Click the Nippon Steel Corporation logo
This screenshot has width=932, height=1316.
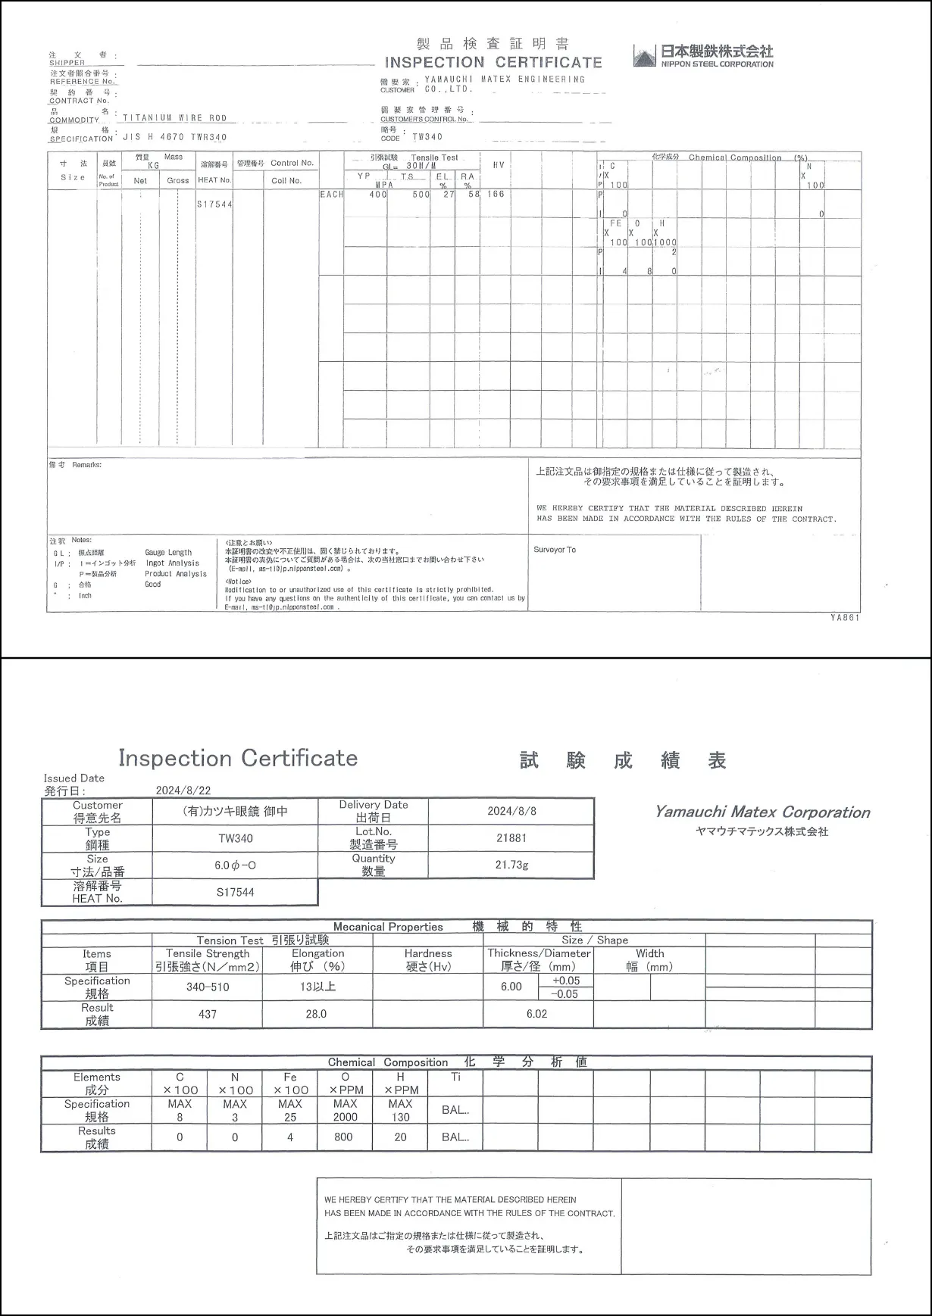tap(703, 56)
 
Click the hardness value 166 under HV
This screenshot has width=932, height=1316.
tap(496, 195)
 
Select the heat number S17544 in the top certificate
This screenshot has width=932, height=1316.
tap(215, 204)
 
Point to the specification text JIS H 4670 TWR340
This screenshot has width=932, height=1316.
tap(175, 138)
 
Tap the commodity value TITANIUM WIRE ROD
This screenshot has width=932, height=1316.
tap(175, 118)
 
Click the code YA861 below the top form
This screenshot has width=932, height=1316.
tap(845, 617)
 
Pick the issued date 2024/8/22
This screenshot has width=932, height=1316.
tap(183, 791)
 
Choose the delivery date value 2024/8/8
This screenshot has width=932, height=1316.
tap(511, 811)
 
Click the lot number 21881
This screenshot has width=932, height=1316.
tap(511, 838)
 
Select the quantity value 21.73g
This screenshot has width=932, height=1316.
tap(511, 865)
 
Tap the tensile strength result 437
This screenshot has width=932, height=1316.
tap(208, 1014)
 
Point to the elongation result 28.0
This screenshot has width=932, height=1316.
tap(316, 1014)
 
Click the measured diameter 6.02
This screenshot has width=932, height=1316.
tap(536, 1014)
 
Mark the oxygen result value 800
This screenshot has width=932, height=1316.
tap(343, 1137)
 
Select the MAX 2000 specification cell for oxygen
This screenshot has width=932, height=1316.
tap(345, 1110)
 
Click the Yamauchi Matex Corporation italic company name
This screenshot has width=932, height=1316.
tap(762, 812)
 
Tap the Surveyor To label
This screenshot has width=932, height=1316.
tap(555, 550)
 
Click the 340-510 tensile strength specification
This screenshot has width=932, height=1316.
tap(208, 987)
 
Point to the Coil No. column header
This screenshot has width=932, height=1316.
tap(286, 181)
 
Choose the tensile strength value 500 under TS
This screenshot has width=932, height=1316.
tap(421, 195)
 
